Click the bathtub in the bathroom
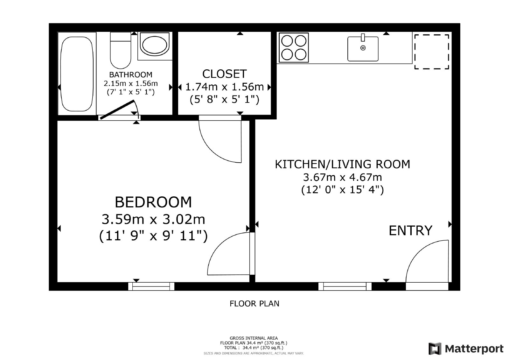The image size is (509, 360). click(77, 74)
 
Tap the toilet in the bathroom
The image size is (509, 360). click(121, 50)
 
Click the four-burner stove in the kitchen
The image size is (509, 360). click(294, 47)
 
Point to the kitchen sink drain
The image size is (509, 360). click(363, 48)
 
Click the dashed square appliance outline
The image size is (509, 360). click(431, 52)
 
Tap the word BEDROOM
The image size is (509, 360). click(153, 202)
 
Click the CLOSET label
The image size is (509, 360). click(225, 74)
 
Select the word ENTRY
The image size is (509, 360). click(411, 230)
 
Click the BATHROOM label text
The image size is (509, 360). click(131, 74)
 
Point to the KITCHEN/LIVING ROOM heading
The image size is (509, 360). click(342, 164)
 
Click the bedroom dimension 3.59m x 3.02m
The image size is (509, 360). click(153, 219)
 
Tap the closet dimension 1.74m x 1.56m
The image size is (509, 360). click(225, 87)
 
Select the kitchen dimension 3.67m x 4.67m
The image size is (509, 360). click(342, 177)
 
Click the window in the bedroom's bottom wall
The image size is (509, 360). click(151, 286)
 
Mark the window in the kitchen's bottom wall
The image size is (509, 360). click(345, 286)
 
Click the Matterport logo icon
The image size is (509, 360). click(435, 349)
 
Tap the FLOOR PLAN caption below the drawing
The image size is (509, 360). click(254, 304)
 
